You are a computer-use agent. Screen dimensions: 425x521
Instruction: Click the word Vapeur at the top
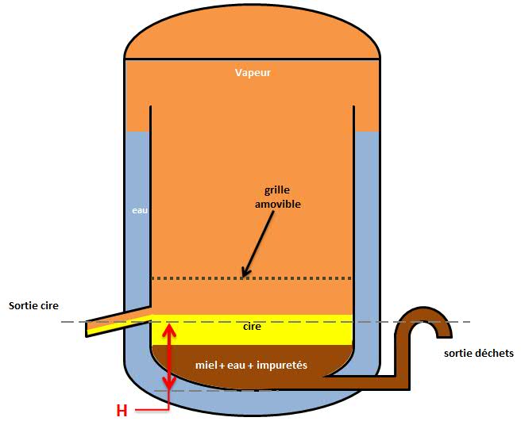pos(253,73)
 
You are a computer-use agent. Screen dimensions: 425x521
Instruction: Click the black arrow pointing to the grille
pos(257,247)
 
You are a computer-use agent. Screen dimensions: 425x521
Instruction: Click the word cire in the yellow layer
pos(251,326)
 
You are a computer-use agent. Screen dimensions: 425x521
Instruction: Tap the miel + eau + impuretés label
pos(251,366)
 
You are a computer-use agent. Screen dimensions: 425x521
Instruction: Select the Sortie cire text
pos(33,304)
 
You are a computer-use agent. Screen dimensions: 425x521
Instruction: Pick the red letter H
pos(122,411)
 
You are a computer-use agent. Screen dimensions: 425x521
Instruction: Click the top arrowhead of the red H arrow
pos(168,328)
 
